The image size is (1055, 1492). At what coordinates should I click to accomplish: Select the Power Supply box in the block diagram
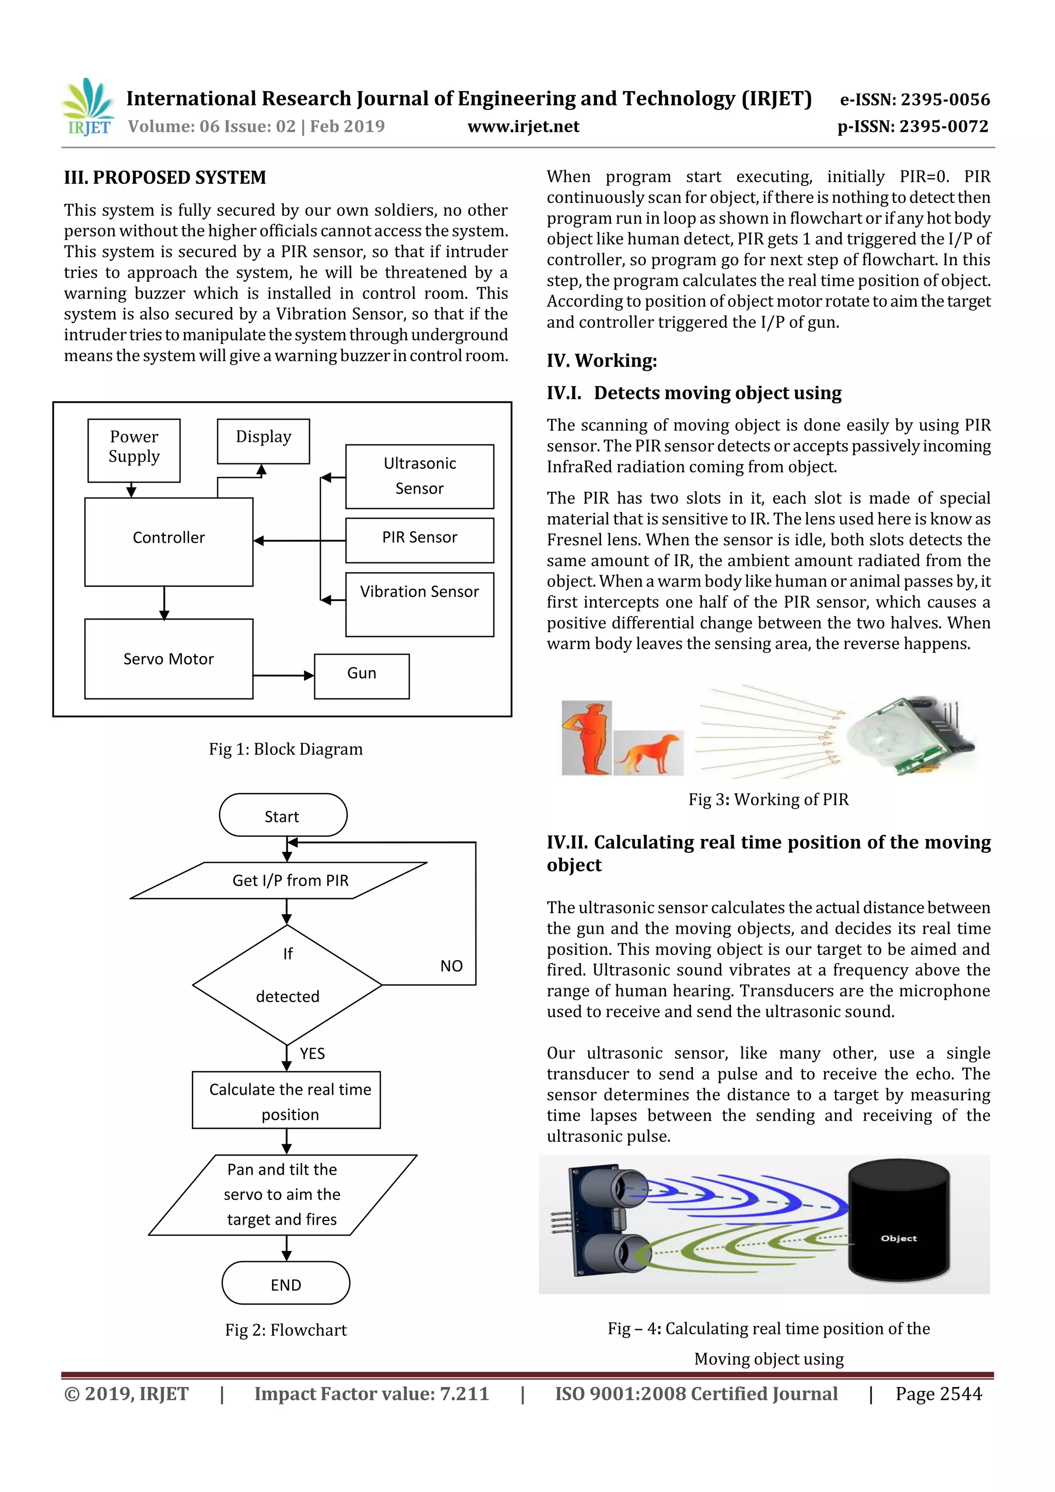[134, 450]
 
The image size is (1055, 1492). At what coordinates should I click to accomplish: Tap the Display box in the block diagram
[263, 440]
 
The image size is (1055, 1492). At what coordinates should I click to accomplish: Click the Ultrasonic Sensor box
[419, 476]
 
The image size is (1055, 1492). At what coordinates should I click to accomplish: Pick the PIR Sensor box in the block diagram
[419, 539]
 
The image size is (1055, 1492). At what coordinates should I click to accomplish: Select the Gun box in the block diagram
[362, 676]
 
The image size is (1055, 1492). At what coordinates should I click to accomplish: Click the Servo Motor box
[168, 658]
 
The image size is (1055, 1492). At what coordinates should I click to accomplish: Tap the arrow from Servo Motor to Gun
[283, 675]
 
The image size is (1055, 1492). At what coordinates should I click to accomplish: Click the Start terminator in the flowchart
[283, 815]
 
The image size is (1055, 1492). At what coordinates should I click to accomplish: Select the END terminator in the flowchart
[285, 1283]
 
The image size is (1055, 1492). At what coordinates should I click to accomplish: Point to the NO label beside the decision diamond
[451, 966]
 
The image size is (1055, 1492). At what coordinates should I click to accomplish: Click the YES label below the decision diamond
[312, 1053]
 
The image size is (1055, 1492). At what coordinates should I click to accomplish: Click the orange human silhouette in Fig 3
[586, 737]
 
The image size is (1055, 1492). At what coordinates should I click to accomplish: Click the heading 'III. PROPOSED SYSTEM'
[165, 177]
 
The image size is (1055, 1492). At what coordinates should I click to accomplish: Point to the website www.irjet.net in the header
[523, 126]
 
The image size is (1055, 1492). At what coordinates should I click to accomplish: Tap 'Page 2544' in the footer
[938, 1394]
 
